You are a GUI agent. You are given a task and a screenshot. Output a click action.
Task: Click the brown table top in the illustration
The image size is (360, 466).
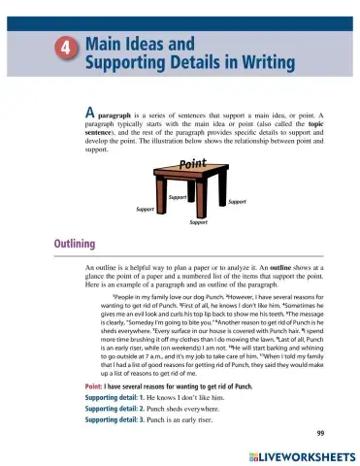click(x=194, y=175)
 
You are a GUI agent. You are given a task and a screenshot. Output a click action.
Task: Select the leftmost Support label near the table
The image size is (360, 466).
click(x=147, y=209)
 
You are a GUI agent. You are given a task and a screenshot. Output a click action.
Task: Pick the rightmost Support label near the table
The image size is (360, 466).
click(x=236, y=201)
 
